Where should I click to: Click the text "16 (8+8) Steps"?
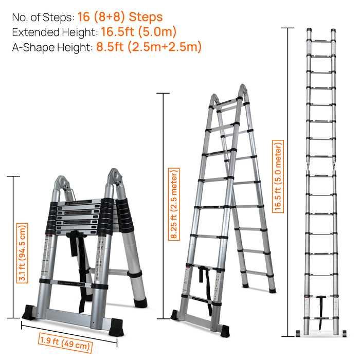pos(120,17)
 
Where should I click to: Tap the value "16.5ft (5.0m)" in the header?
pos(139,32)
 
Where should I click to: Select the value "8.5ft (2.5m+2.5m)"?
pos(149,47)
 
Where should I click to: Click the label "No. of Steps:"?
pos(43,17)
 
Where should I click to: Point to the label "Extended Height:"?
pos(55,32)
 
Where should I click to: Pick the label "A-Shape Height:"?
pos(52,47)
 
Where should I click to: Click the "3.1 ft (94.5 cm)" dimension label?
pos(23,253)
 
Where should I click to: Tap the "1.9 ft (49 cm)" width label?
pos(65,343)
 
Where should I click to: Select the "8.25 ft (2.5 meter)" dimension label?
pos(174,204)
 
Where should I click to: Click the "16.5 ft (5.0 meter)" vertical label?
pos(278,176)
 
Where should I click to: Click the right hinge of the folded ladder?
pos(116,178)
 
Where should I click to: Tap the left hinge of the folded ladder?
pos(62,184)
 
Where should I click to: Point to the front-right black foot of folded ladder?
pos(116,327)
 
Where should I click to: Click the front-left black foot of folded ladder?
pos(29,313)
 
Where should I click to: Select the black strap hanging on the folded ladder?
pos(79,264)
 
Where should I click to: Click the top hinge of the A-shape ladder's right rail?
pos(242,90)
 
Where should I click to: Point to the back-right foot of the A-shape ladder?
pos(272,290)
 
